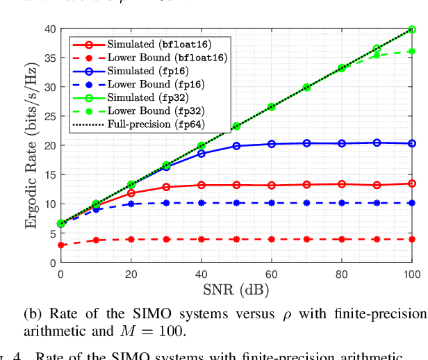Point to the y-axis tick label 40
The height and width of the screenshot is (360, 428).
click(49, 28)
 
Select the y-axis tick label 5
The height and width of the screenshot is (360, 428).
click(52, 234)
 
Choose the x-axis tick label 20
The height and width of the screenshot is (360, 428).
click(131, 275)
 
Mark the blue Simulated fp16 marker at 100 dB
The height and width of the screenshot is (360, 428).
click(412, 143)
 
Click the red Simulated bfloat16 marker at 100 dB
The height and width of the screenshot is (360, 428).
click(412, 183)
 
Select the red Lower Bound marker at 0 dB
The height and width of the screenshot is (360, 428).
click(61, 245)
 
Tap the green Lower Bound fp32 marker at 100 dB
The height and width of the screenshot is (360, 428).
click(412, 51)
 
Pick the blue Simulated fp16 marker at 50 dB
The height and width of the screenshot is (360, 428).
click(236, 146)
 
